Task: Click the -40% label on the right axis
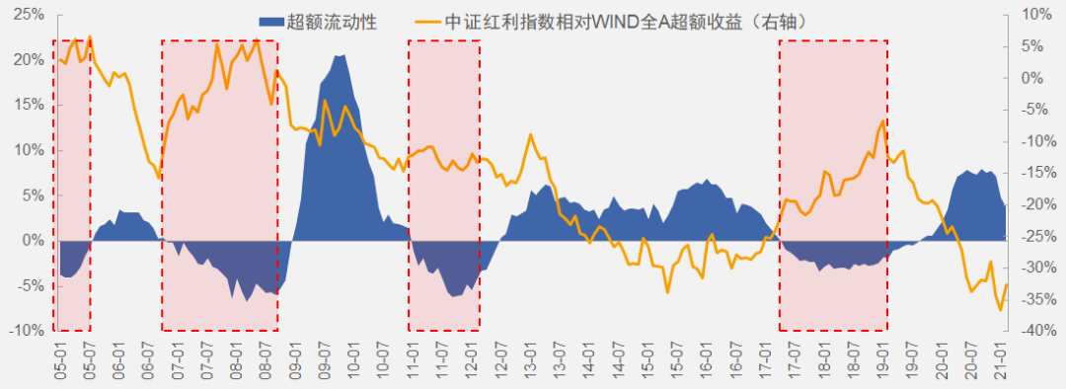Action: pyautogui.click(x=1037, y=331)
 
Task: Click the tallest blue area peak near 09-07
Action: pyautogui.click(x=341, y=55)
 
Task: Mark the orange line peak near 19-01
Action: pyautogui.click(x=882, y=120)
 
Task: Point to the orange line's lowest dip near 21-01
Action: pyautogui.click(x=1000, y=310)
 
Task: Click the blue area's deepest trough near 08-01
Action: pyautogui.click(x=248, y=300)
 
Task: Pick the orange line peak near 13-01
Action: pyautogui.click(x=531, y=134)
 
